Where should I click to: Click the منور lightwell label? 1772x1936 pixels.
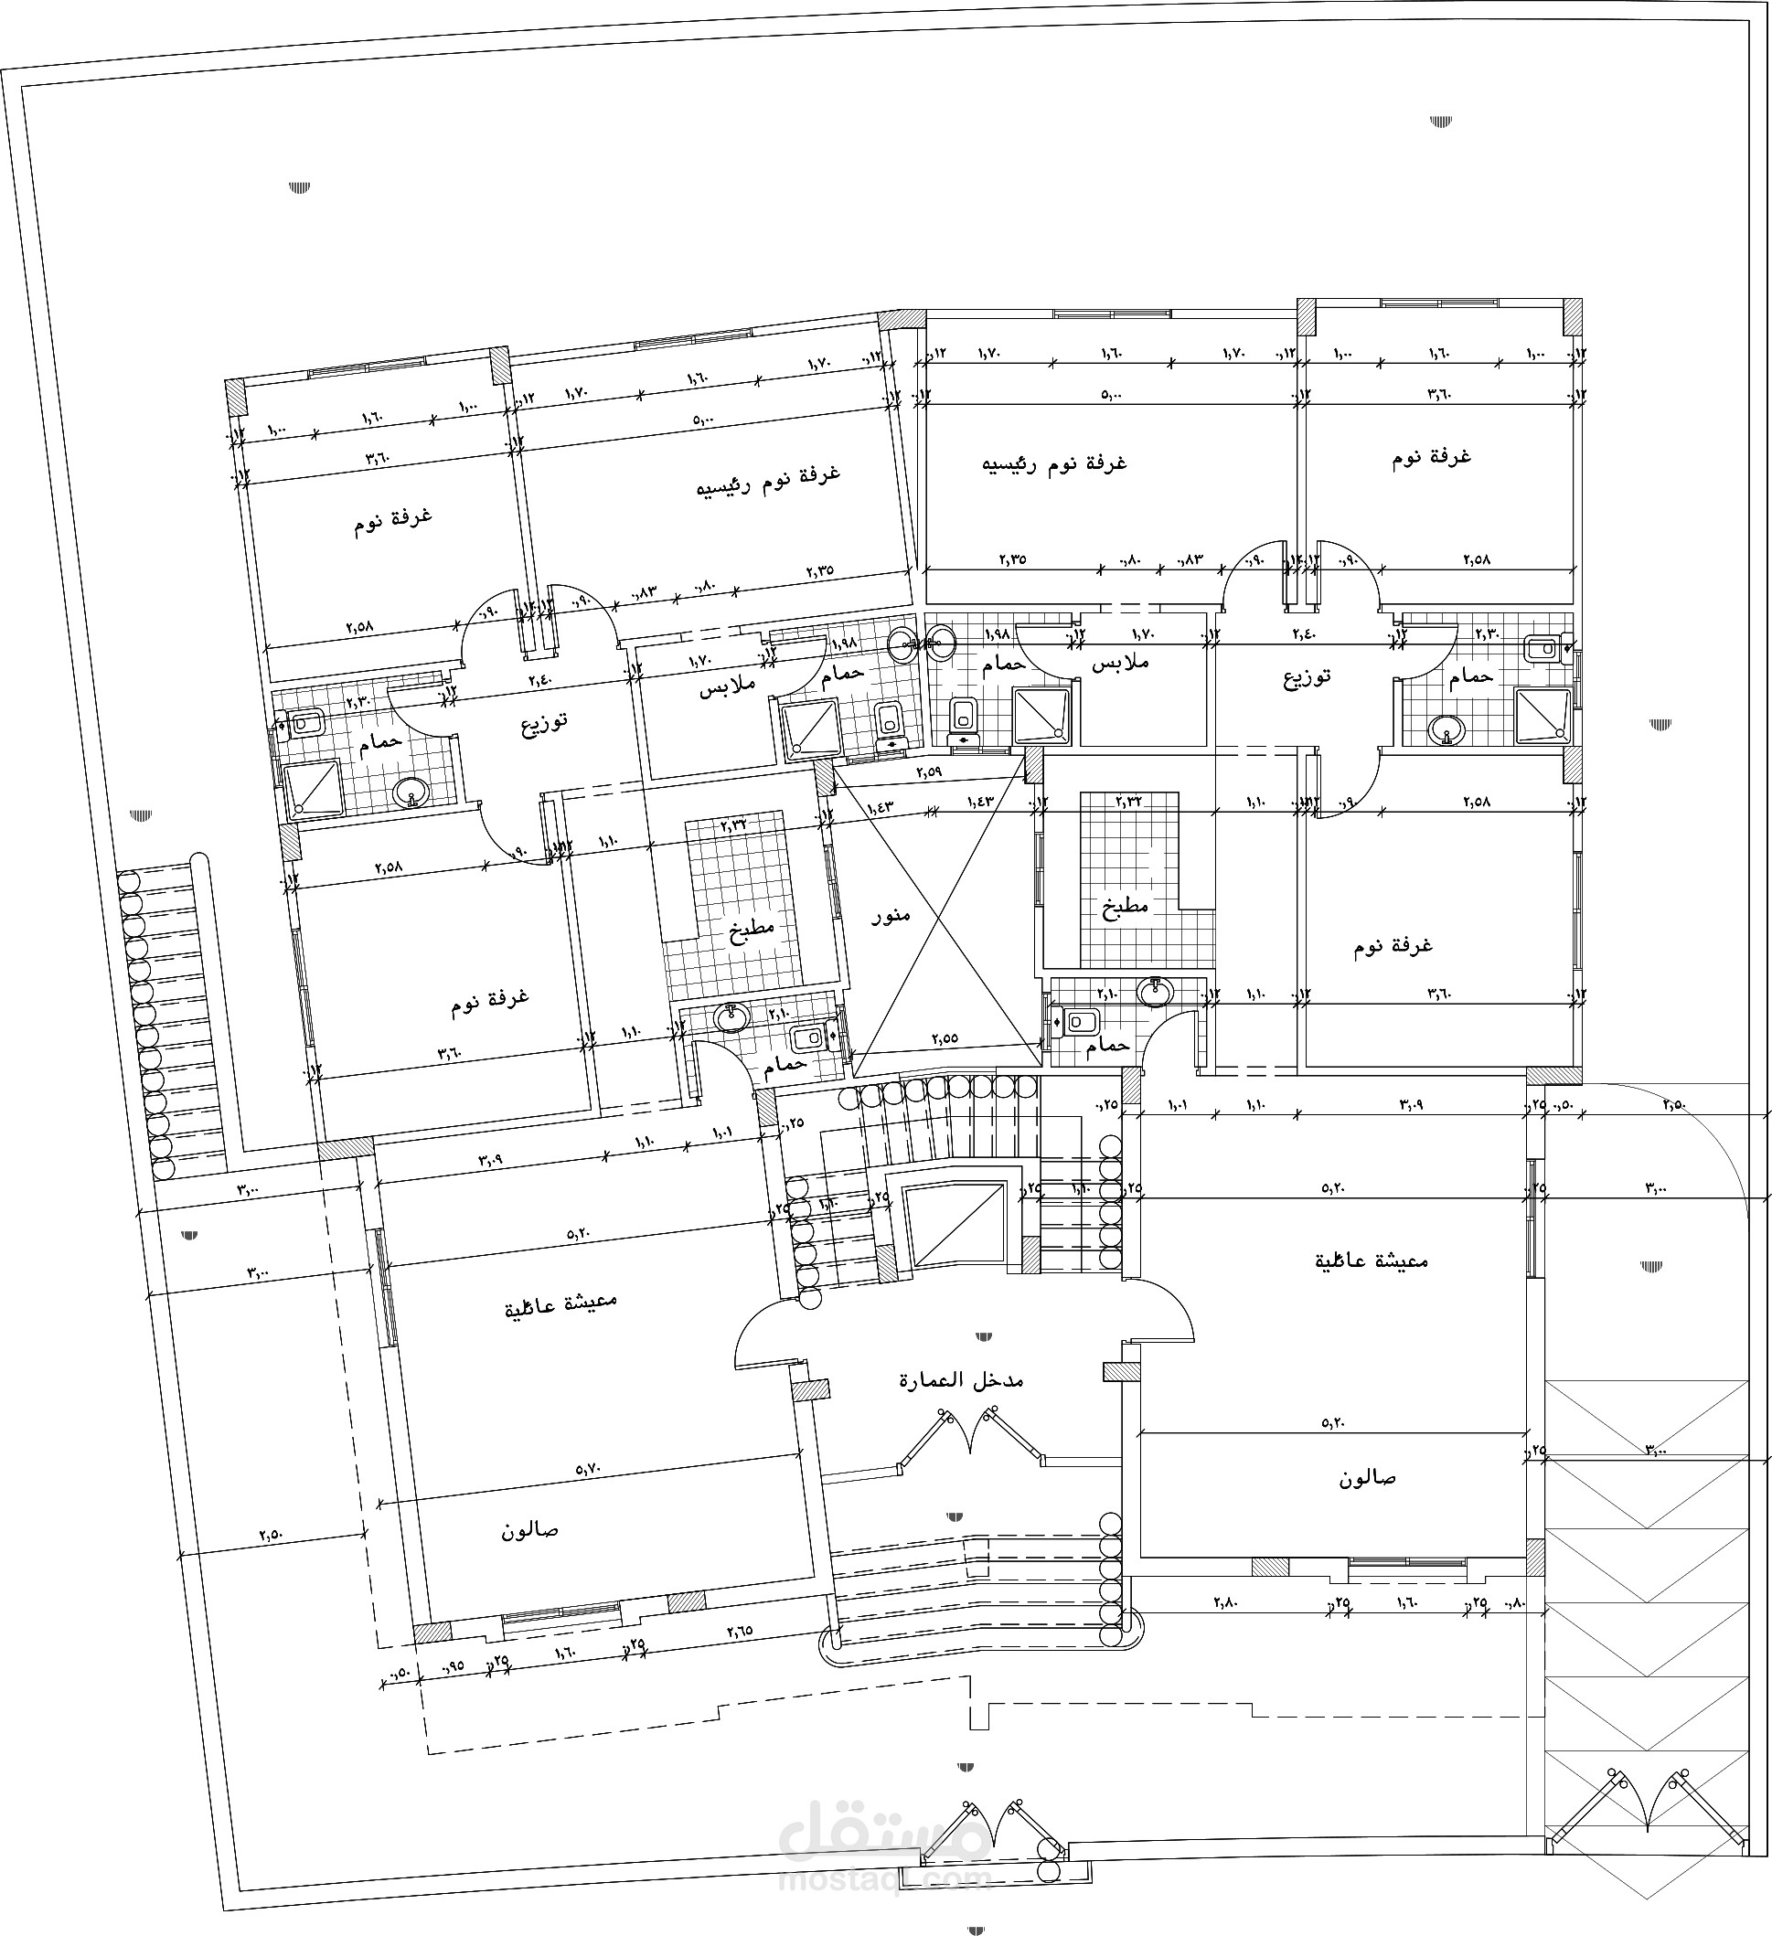click(x=891, y=915)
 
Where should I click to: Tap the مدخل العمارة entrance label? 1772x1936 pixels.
click(x=960, y=1380)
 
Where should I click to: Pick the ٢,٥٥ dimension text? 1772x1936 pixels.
click(x=945, y=1038)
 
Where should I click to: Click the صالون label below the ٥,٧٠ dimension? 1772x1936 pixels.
click(x=529, y=1531)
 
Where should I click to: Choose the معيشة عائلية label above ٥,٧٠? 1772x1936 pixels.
click(x=560, y=1306)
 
